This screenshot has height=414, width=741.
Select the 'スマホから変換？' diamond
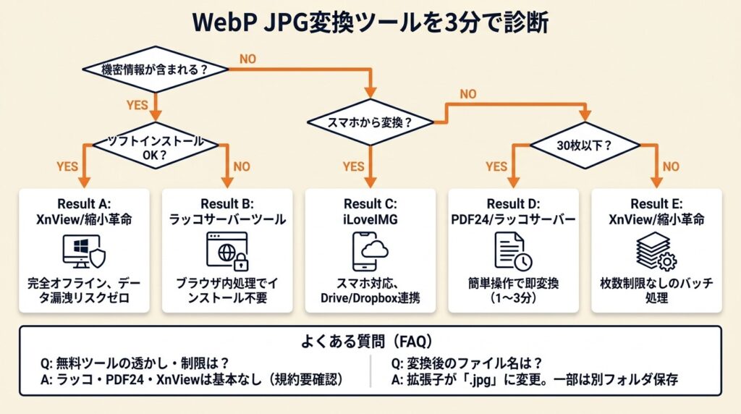[370, 123]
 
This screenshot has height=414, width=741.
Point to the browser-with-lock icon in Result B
[226, 250]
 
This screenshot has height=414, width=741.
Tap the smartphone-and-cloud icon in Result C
[370, 250]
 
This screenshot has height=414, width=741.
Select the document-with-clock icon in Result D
[513, 250]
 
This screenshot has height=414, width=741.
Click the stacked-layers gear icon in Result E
[656, 250]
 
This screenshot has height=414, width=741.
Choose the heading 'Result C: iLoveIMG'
[370, 210]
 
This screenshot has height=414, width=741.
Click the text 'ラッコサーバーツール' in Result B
[226, 218]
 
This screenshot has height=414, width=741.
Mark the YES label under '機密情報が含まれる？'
[137, 105]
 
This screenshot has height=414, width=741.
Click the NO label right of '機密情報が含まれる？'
[247, 59]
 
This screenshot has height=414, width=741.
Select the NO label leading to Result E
[672, 166]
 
